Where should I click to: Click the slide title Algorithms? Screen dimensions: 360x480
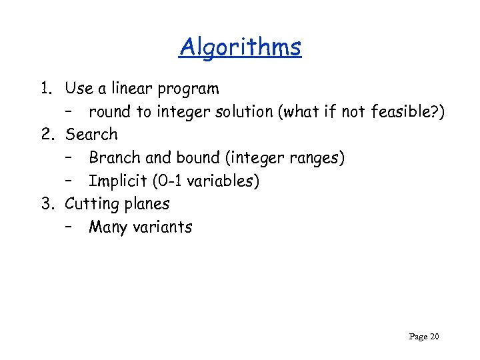pos(240,47)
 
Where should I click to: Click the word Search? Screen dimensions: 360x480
pos(91,135)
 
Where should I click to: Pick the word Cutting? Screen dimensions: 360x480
pos(91,204)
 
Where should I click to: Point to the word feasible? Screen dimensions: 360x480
pos(393,111)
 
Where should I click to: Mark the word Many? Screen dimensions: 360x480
pos(107,227)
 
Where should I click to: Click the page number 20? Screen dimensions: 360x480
pos(433,337)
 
